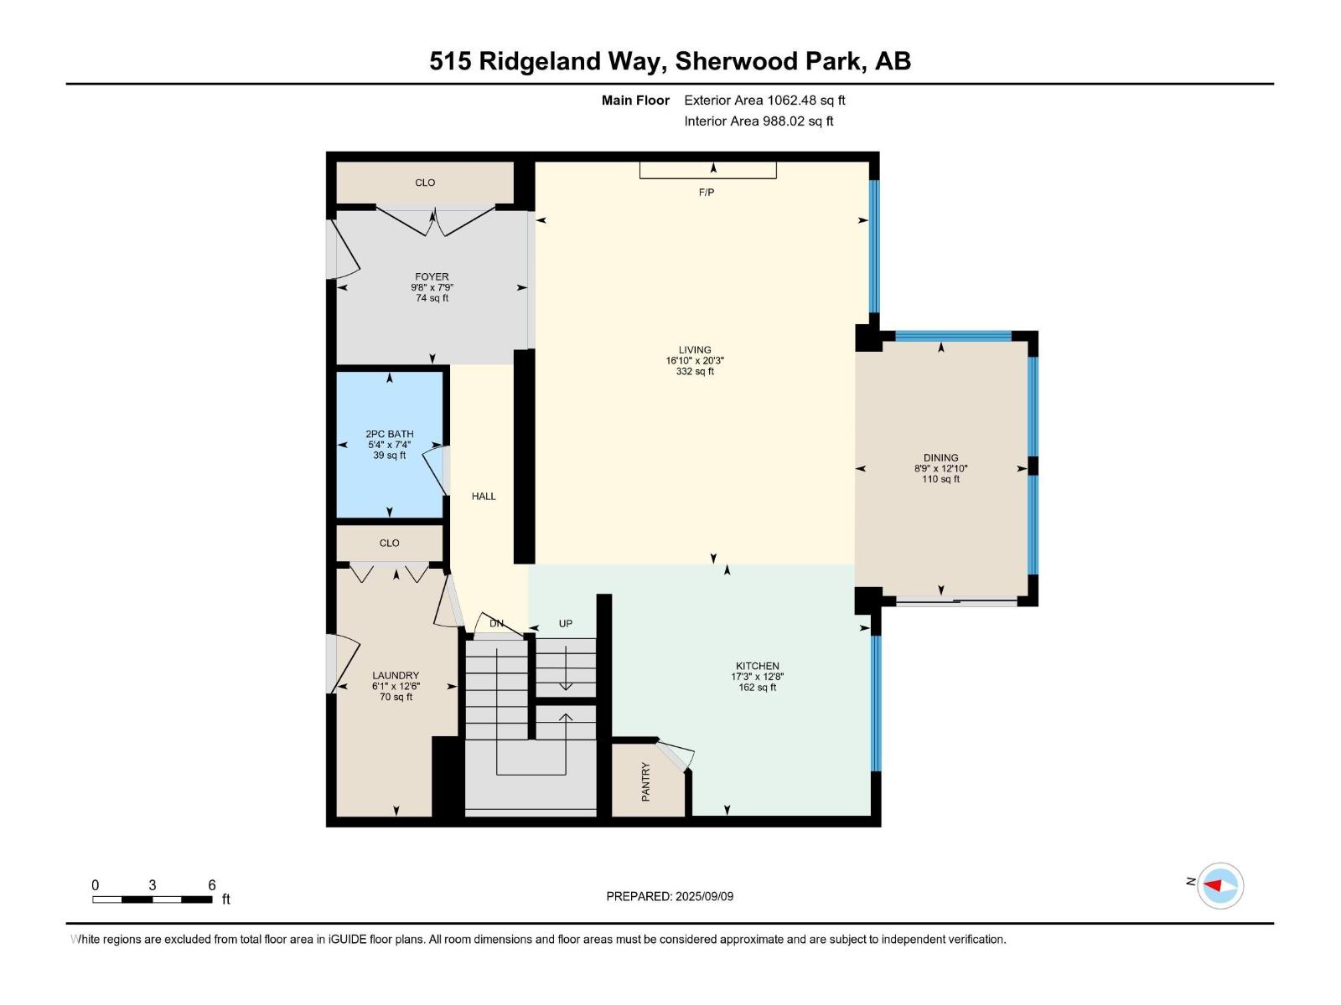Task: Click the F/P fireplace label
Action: click(706, 193)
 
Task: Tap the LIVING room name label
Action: click(695, 350)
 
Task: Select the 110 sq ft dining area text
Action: click(940, 479)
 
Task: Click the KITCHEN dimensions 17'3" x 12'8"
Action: click(757, 677)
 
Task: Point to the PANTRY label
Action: click(645, 781)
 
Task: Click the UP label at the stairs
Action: click(566, 624)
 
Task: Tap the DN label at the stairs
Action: click(496, 624)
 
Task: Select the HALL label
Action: click(484, 497)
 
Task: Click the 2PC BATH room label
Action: click(389, 434)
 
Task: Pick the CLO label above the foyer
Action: click(425, 183)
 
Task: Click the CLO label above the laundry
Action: click(389, 544)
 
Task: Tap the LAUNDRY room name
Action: click(396, 675)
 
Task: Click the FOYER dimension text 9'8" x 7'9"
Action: click(432, 287)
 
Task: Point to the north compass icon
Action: click(1219, 885)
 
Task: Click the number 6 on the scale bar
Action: click(212, 885)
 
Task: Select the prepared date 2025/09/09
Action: click(703, 896)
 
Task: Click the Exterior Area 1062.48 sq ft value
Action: click(764, 100)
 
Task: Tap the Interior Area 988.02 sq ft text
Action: click(759, 121)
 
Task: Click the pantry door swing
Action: click(677, 755)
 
